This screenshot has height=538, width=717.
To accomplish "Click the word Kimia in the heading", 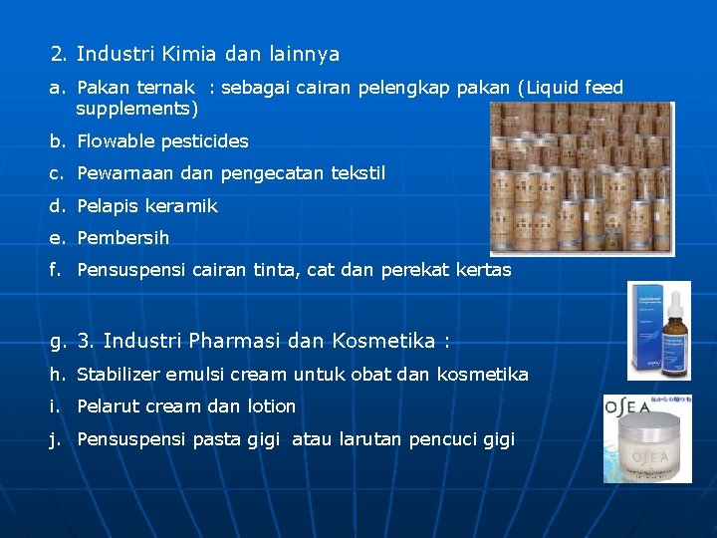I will (189, 54).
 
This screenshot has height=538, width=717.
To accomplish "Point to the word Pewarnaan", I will (123, 173).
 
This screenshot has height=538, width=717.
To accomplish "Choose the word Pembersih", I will (122, 238).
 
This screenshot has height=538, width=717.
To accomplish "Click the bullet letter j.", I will (58, 439).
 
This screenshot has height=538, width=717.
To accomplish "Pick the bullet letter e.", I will (57, 238).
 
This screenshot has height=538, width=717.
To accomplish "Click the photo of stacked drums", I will (582, 178).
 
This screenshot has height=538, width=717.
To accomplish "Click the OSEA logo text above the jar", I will (631, 407).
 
